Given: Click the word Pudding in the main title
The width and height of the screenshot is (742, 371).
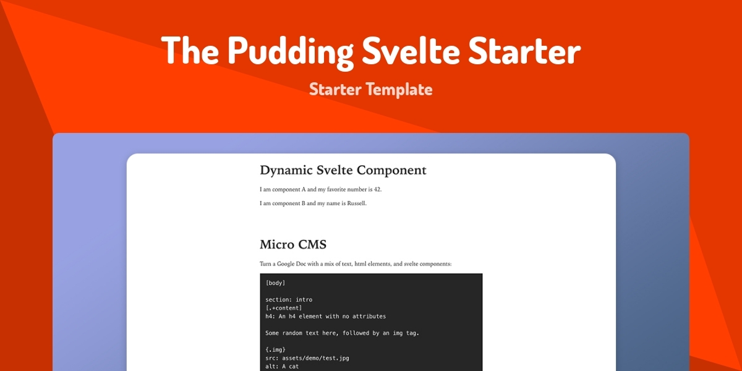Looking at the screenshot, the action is pyautogui.click(x=291, y=52).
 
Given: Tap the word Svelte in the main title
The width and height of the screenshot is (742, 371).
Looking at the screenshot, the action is pyautogui.click(x=411, y=49).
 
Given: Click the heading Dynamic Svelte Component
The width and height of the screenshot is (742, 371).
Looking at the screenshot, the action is pyautogui.click(x=343, y=170).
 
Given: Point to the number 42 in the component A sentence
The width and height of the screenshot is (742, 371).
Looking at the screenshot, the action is pyautogui.click(x=377, y=189).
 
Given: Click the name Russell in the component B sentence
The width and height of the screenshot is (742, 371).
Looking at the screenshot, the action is pyautogui.click(x=356, y=203).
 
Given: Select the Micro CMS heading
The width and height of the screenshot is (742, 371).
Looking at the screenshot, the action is pyautogui.click(x=293, y=245).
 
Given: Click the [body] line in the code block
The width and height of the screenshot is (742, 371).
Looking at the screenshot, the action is pyautogui.click(x=275, y=283).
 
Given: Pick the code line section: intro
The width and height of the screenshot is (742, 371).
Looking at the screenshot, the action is pyautogui.click(x=289, y=299).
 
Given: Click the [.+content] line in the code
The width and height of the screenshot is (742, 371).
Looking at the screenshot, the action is pyautogui.click(x=284, y=308).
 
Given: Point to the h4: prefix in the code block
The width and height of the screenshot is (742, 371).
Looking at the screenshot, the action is pyautogui.click(x=270, y=317).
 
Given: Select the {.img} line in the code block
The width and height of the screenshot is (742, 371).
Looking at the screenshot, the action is pyautogui.click(x=275, y=349).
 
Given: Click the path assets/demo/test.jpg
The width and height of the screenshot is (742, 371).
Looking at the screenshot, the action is pyautogui.click(x=315, y=358).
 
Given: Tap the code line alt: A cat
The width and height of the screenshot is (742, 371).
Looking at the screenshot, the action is pyautogui.click(x=282, y=366).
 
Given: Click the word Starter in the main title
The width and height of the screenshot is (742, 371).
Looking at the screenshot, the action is pyautogui.click(x=524, y=50).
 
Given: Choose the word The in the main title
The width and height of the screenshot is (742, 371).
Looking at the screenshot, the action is pyautogui.click(x=190, y=49).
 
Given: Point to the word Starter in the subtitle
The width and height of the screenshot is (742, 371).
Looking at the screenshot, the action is pyautogui.click(x=335, y=90).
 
